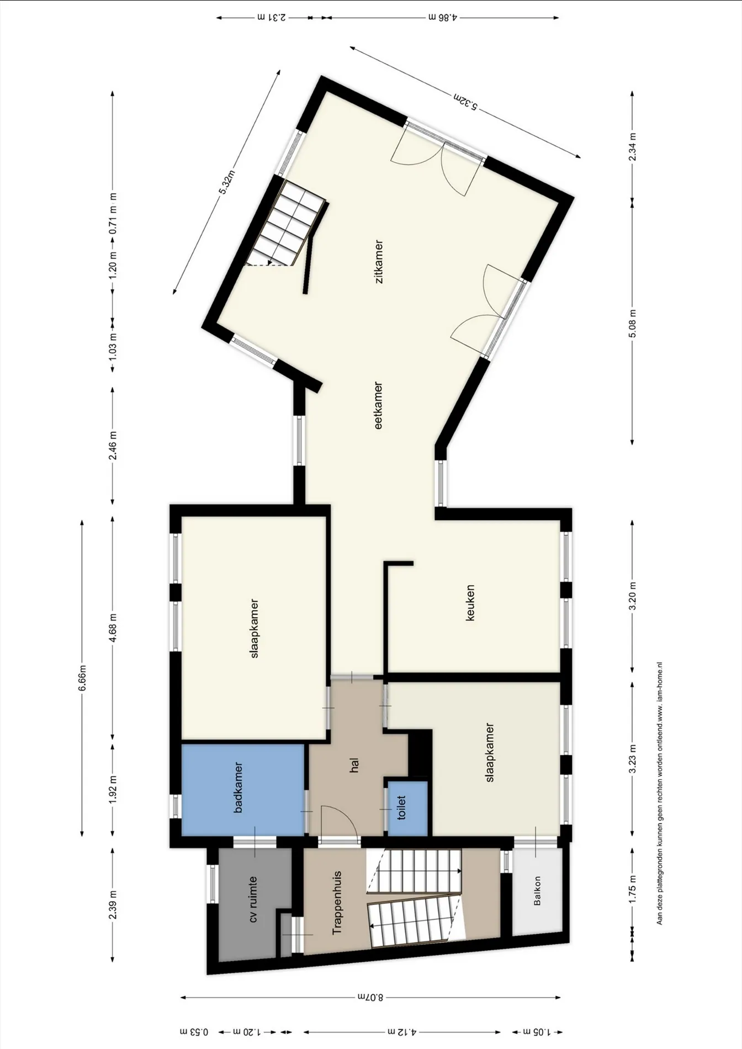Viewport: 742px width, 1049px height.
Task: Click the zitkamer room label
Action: (x=379, y=262)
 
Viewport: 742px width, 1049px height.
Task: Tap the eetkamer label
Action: (x=379, y=405)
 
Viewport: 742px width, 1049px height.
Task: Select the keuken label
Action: (x=470, y=603)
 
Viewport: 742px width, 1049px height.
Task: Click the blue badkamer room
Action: (x=243, y=789)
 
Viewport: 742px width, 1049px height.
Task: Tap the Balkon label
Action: (x=537, y=891)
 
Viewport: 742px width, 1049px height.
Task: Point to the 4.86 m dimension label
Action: (x=443, y=17)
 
